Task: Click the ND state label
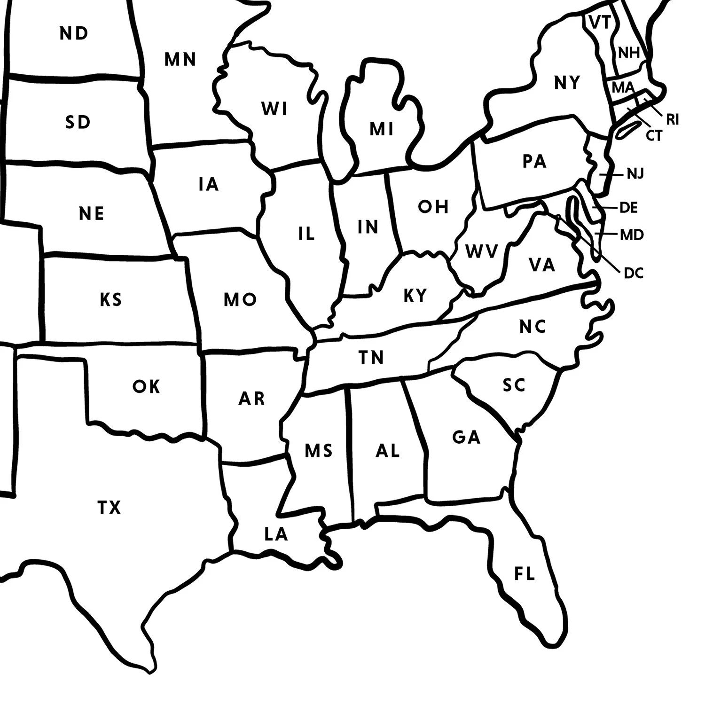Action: point(74,33)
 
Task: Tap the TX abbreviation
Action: point(109,508)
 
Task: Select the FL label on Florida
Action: point(525,574)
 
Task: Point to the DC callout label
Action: point(634,273)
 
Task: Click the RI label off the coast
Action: point(673,120)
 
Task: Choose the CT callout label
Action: point(654,136)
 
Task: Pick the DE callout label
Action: point(629,207)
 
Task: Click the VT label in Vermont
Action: point(600,23)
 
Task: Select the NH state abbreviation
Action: point(629,53)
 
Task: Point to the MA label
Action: point(623,87)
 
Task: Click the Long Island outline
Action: point(627,129)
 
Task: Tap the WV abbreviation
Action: point(481,252)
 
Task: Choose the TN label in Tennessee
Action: point(371,358)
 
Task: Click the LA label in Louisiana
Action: point(276,534)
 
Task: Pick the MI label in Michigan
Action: point(382,129)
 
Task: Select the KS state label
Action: point(111,299)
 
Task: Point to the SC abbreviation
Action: point(514,385)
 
